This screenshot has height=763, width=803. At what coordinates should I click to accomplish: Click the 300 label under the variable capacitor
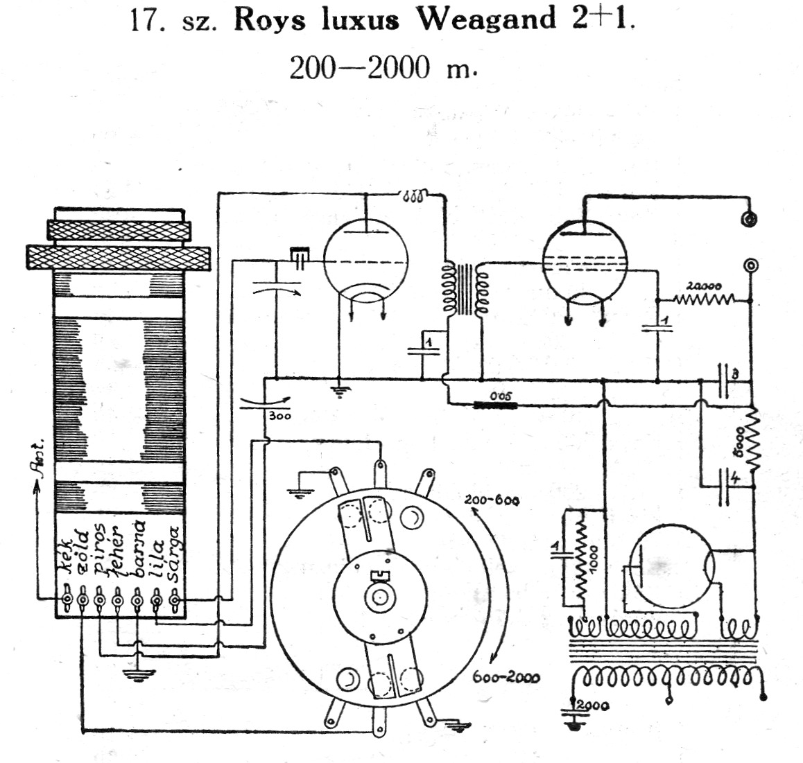tap(279, 416)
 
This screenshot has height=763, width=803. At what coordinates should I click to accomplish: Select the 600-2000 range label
tap(508, 677)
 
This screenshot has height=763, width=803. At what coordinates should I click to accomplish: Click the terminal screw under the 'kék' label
tap(68, 598)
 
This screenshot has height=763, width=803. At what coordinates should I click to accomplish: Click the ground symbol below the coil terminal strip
tap(136, 674)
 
